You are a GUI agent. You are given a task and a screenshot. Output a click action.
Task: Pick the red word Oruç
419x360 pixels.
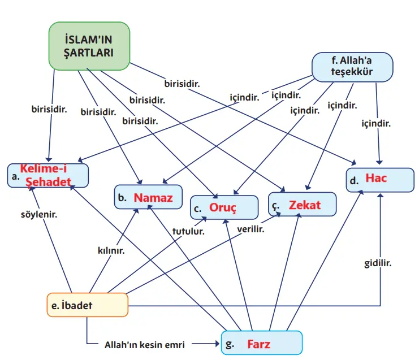coord(222,207)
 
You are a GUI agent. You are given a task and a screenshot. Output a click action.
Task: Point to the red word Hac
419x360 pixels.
coord(376,179)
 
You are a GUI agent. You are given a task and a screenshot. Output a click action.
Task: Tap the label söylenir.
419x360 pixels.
coord(37,215)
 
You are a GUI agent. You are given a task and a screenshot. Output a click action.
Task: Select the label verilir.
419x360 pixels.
coord(250,229)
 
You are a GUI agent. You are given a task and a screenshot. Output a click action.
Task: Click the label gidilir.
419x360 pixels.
coord(378,263)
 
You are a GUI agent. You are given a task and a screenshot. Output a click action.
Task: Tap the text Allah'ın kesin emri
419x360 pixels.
coord(145,344)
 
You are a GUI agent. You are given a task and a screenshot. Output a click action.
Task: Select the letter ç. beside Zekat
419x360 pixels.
coord(275,206)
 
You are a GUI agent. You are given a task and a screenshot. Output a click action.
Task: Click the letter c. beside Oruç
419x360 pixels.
coord(198,209)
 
